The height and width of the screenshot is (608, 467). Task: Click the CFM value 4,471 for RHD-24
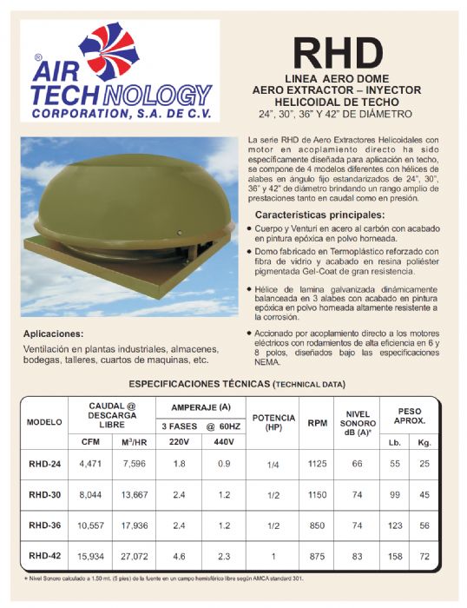click(x=90, y=465)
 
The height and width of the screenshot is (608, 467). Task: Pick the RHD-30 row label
click(x=43, y=494)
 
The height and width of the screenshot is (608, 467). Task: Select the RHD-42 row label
click(x=43, y=555)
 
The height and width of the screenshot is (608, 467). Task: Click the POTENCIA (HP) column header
click(x=273, y=422)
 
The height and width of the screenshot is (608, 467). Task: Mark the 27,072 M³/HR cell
click(x=135, y=555)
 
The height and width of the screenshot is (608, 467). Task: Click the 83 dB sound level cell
click(x=357, y=555)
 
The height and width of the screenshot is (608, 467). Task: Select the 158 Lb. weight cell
click(x=395, y=555)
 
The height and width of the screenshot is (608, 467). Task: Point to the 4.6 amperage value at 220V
click(x=180, y=555)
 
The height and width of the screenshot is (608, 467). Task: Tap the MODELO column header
click(x=44, y=422)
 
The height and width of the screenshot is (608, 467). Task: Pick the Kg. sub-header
click(x=424, y=441)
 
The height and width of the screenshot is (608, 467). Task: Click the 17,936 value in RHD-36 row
click(x=135, y=525)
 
